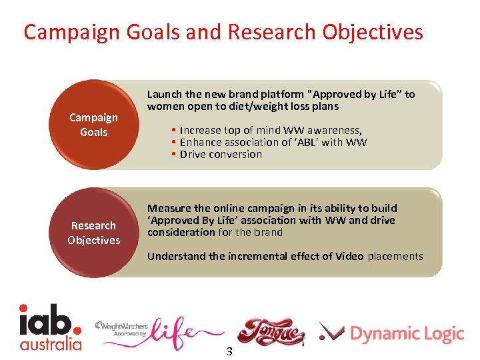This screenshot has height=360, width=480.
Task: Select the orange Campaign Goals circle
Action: pos(94,125)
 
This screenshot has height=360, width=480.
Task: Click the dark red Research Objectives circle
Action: pos(94,233)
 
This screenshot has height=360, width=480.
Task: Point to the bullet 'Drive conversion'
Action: pos(221,154)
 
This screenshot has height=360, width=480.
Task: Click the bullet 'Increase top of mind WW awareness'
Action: pos(271,130)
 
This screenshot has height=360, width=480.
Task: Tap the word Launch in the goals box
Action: pos(164,94)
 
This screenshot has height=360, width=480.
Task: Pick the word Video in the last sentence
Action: pos(349,256)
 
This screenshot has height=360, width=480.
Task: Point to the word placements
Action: pos(395,256)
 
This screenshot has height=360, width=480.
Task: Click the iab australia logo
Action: pos(50,327)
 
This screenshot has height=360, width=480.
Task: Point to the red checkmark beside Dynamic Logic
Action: pos(331,331)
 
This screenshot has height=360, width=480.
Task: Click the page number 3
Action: pos(229,351)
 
